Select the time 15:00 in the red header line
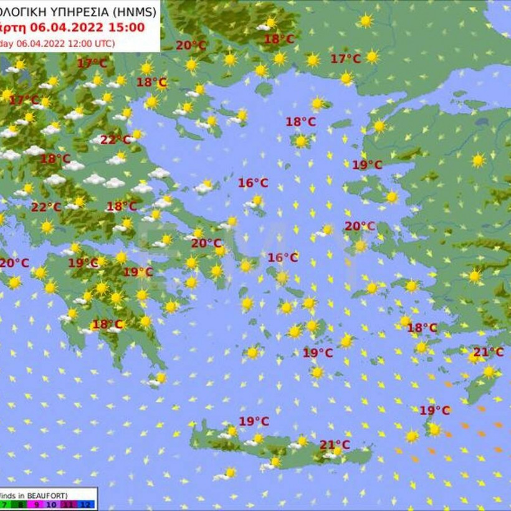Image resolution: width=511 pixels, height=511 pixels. point(127,27)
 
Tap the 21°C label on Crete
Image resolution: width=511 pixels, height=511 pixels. point(335,444)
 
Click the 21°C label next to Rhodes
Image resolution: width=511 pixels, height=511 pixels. point(489,352)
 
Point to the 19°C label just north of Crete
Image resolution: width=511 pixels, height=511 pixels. point(254,421)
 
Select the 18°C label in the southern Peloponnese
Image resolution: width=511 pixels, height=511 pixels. point(107,324)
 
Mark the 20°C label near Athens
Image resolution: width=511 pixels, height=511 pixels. point(206,243)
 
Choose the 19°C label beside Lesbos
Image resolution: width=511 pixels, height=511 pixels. point(367,165)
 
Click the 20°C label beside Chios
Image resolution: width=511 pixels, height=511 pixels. point(360,226)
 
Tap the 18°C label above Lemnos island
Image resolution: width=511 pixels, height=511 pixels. point(300,122)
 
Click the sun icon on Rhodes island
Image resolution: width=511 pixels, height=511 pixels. point(489,372)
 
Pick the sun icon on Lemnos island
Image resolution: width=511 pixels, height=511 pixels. point(302,141)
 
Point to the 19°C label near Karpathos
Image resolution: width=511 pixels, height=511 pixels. point(434,410)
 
